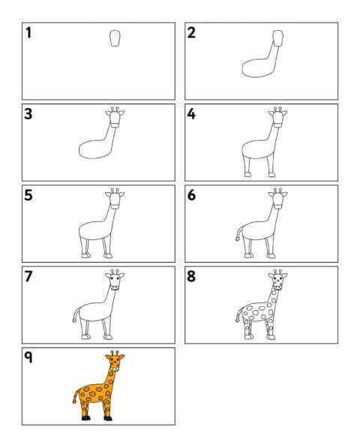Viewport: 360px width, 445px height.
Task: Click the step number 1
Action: point(28,32)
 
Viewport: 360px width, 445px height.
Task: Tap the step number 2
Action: point(191,32)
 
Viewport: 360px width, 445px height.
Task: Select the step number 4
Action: point(191,114)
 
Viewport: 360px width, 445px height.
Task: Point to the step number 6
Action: point(191,195)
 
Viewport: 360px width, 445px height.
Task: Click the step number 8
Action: point(191,276)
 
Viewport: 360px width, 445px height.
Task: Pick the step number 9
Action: point(28,357)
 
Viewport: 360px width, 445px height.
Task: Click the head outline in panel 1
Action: point(115,38)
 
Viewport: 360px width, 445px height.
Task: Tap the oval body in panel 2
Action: point(257,68)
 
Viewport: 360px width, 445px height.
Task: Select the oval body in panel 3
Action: point(94,149)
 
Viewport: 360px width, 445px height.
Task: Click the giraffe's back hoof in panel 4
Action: point(247,175)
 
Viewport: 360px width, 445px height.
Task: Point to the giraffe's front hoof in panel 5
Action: point(108,256)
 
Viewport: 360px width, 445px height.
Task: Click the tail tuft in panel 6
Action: point(237,239)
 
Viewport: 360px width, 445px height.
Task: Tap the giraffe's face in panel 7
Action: point(115,281)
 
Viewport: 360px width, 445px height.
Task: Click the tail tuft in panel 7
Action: point(74,320)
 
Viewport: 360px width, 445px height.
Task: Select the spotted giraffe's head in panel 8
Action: point(277,280)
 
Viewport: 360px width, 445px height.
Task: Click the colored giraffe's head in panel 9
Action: point(115,361)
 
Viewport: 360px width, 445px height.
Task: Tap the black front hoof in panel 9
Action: point(108,418)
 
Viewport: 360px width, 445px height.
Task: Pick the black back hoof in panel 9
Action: point(86,418)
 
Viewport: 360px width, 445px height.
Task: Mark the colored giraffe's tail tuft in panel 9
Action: point(74,401)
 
